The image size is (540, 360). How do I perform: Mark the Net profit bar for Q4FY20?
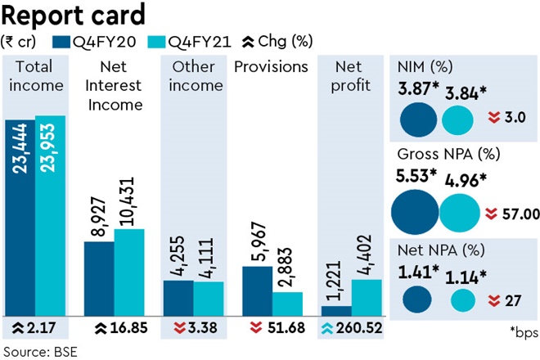point(337,311)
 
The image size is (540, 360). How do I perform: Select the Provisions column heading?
point(272,66)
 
